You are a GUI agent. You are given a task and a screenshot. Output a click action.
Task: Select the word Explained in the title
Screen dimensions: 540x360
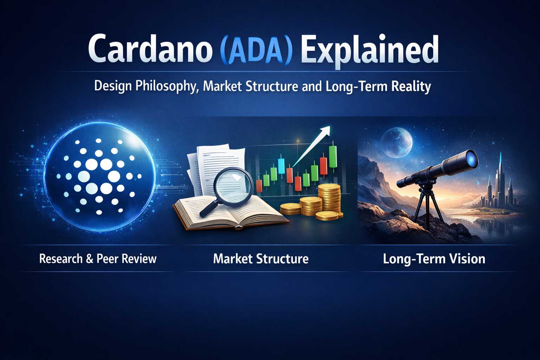[369, 51]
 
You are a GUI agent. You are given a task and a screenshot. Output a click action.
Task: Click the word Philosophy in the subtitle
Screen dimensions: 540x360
[166, 87]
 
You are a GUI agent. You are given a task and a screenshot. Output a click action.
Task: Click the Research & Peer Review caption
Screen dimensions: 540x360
[98, 259]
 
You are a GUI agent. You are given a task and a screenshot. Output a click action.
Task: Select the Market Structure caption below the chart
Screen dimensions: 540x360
[261, 259]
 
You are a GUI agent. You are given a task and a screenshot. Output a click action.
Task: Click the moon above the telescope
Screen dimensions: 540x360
[397, 143]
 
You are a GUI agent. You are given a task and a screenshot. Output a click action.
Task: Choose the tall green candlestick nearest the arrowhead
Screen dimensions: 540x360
[333, 156]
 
